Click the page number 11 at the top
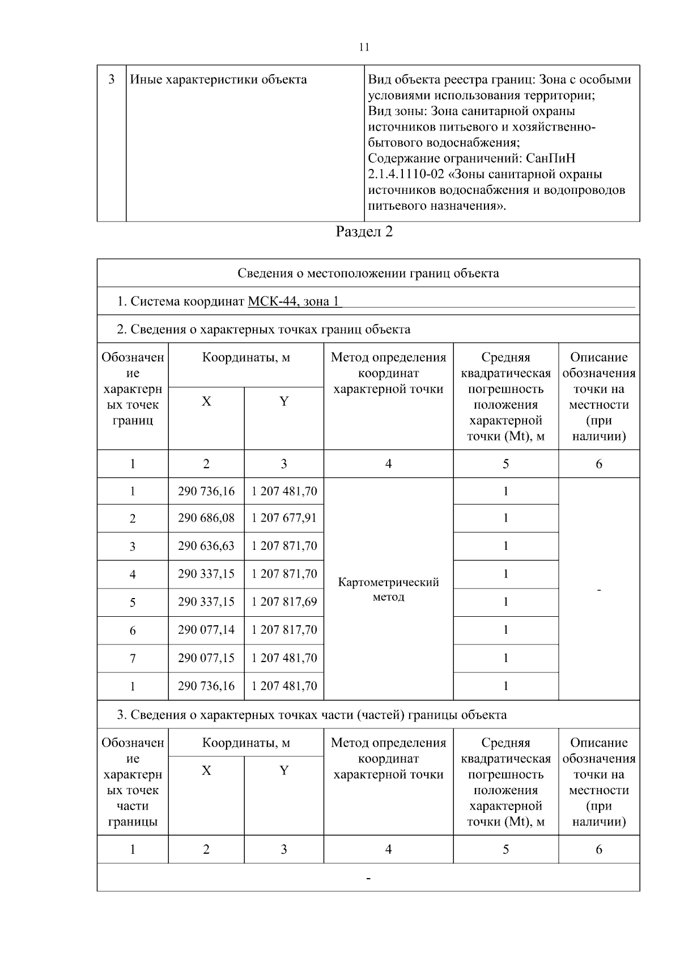(x=364, y=47)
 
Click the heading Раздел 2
(x=364, y=232)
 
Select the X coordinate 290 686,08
(x=206, y=518)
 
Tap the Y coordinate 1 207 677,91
(x=284, y=518)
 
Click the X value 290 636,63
(x=206, y=546)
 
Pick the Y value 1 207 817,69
(x=284, y=602)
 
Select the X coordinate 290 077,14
(x=206, y=630)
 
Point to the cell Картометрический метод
(x=388, y=590)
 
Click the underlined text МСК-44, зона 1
(x=295, y=302)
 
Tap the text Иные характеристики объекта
(x=219, y=80)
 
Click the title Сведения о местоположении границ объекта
(x=368, y=273)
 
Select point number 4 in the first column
(x=133, y=575)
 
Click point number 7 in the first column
(x=133, y=659)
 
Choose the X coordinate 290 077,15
(x=206, y=658)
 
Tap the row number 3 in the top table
(x=111, y=79)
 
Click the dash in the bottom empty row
(x=369, y=879)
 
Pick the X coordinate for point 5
(x=206, y=602)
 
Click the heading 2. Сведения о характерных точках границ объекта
(x=263, y=329)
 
